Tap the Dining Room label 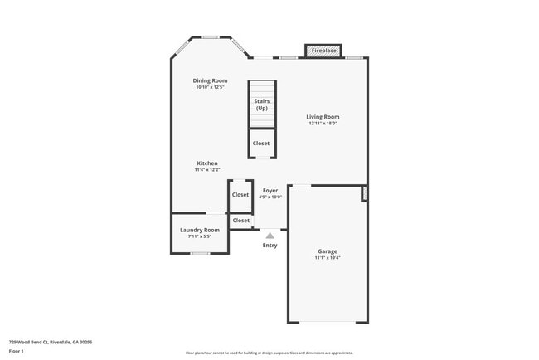[x=211, y=80]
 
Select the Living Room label [x=323, y=117]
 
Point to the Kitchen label [x=207, y=163]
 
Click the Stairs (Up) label [x=262, y=105]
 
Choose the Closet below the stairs [x=261, y=144]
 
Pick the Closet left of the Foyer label [x=240, y=195]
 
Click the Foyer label [x=270, y=191]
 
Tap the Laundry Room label [x=201, y=230]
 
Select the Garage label [x=328, y=251]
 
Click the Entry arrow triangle [x=269, y=236]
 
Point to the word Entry [x=270, y=246]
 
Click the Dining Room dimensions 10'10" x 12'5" [x=211, y=87]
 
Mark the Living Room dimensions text [x=323, y=124]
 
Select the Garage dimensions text [x=328, y=258]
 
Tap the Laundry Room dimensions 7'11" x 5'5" [x=201, y=236]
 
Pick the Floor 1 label [x=17, y=351]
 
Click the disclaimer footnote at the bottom [x=269, y=353]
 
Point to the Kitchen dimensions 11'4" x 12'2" [x=207, y=170]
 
